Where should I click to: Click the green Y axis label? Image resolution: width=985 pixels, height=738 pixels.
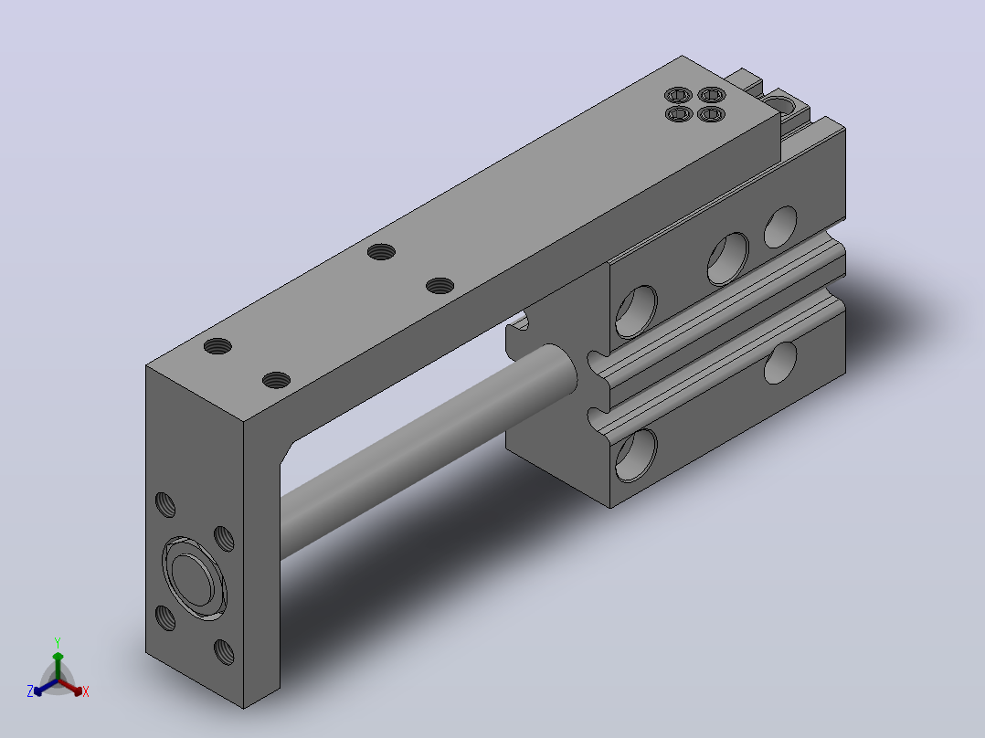click(58, 642)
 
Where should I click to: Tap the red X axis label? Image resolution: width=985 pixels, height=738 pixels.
click(86, 691)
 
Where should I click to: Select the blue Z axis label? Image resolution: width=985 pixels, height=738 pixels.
click(30, 691)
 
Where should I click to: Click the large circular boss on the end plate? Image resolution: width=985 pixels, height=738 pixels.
click(194, 578)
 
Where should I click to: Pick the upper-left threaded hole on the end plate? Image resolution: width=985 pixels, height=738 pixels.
click(165, 505)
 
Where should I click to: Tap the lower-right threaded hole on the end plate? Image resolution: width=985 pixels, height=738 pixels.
click(224, 652)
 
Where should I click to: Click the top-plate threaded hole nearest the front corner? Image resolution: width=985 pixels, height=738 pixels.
click(276, 380)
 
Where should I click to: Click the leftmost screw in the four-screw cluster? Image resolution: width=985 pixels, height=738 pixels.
click(678, 113)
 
